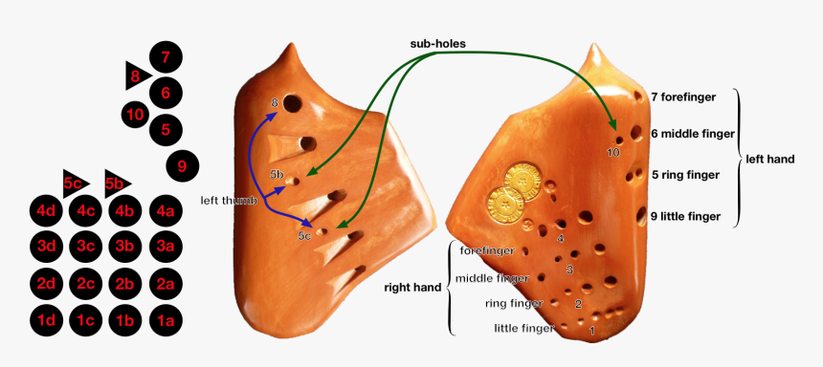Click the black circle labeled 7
click(166, 58)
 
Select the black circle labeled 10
click(134, 116)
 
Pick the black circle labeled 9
click(182, 166)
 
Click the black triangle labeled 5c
click(74, 183)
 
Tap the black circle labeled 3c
click(86, 247)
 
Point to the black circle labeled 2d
click(46, 283)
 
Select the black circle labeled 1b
click(125, 320)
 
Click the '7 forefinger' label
click(684, 97)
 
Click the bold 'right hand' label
click(412, 287)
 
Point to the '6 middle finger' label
click(690, 134)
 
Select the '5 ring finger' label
click(684, 175)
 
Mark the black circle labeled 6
click(166, 93)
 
